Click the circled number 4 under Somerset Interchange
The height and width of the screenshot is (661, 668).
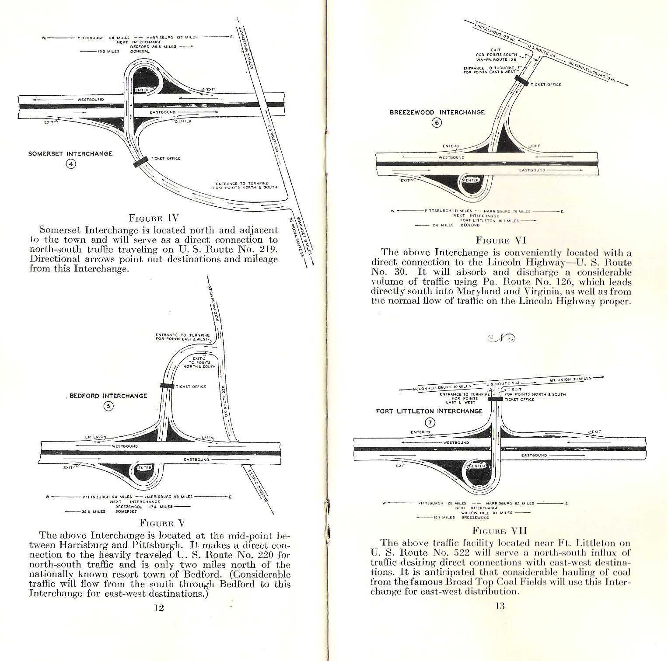[x=71, y=164]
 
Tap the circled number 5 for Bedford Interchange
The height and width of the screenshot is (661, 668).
[x=108, y=406]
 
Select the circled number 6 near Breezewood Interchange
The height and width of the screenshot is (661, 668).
[x=437, y=122]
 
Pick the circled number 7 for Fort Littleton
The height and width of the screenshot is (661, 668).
[x=431, y=422]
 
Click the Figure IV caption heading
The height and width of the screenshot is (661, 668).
[x=154, y=218]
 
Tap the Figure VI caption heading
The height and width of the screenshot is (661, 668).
[x=501, y=240]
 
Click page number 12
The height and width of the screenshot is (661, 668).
[x=158, y=607]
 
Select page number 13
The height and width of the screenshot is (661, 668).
[x=500, y=606]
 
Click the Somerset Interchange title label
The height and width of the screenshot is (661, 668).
[x=70, y=154]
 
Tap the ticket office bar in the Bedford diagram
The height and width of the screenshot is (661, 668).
[x=167, y=386]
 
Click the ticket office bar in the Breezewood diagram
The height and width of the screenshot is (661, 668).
[x=522, y=80]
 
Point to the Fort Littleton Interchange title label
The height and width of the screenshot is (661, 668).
[x=429, y=411]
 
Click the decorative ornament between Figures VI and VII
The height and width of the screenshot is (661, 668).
[x=500, y=337]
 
